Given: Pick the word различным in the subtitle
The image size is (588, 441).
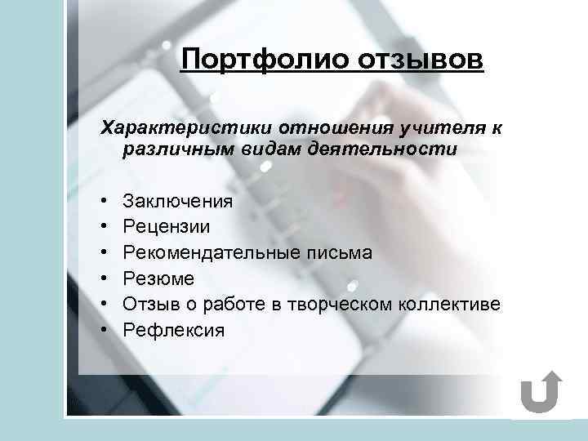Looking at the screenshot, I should pyautogui.click(x=172, y=149).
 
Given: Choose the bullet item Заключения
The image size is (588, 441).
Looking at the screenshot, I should pyautogui.click(x=177, y=201).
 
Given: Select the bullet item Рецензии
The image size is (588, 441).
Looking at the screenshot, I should pyautogui.click(x=167, y=227).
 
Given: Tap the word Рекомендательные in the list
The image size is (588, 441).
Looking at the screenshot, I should pyautogui.click(x=216, y=253).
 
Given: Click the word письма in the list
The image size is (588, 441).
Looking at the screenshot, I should pyautogui.click(x=343, y=253).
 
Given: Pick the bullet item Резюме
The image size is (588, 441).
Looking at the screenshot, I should pyautogui.click(x=158, y=279).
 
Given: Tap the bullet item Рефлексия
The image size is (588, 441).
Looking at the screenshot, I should pyautogui.click(x=172, y=331).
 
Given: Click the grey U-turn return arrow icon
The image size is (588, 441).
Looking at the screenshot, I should pyautogui.click(x=540, y=393).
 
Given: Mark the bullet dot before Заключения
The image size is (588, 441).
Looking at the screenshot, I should pyautogui.click(x=105, y=201).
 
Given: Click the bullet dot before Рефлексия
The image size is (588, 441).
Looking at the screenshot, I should pyautogui.click(x=105, y=331).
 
